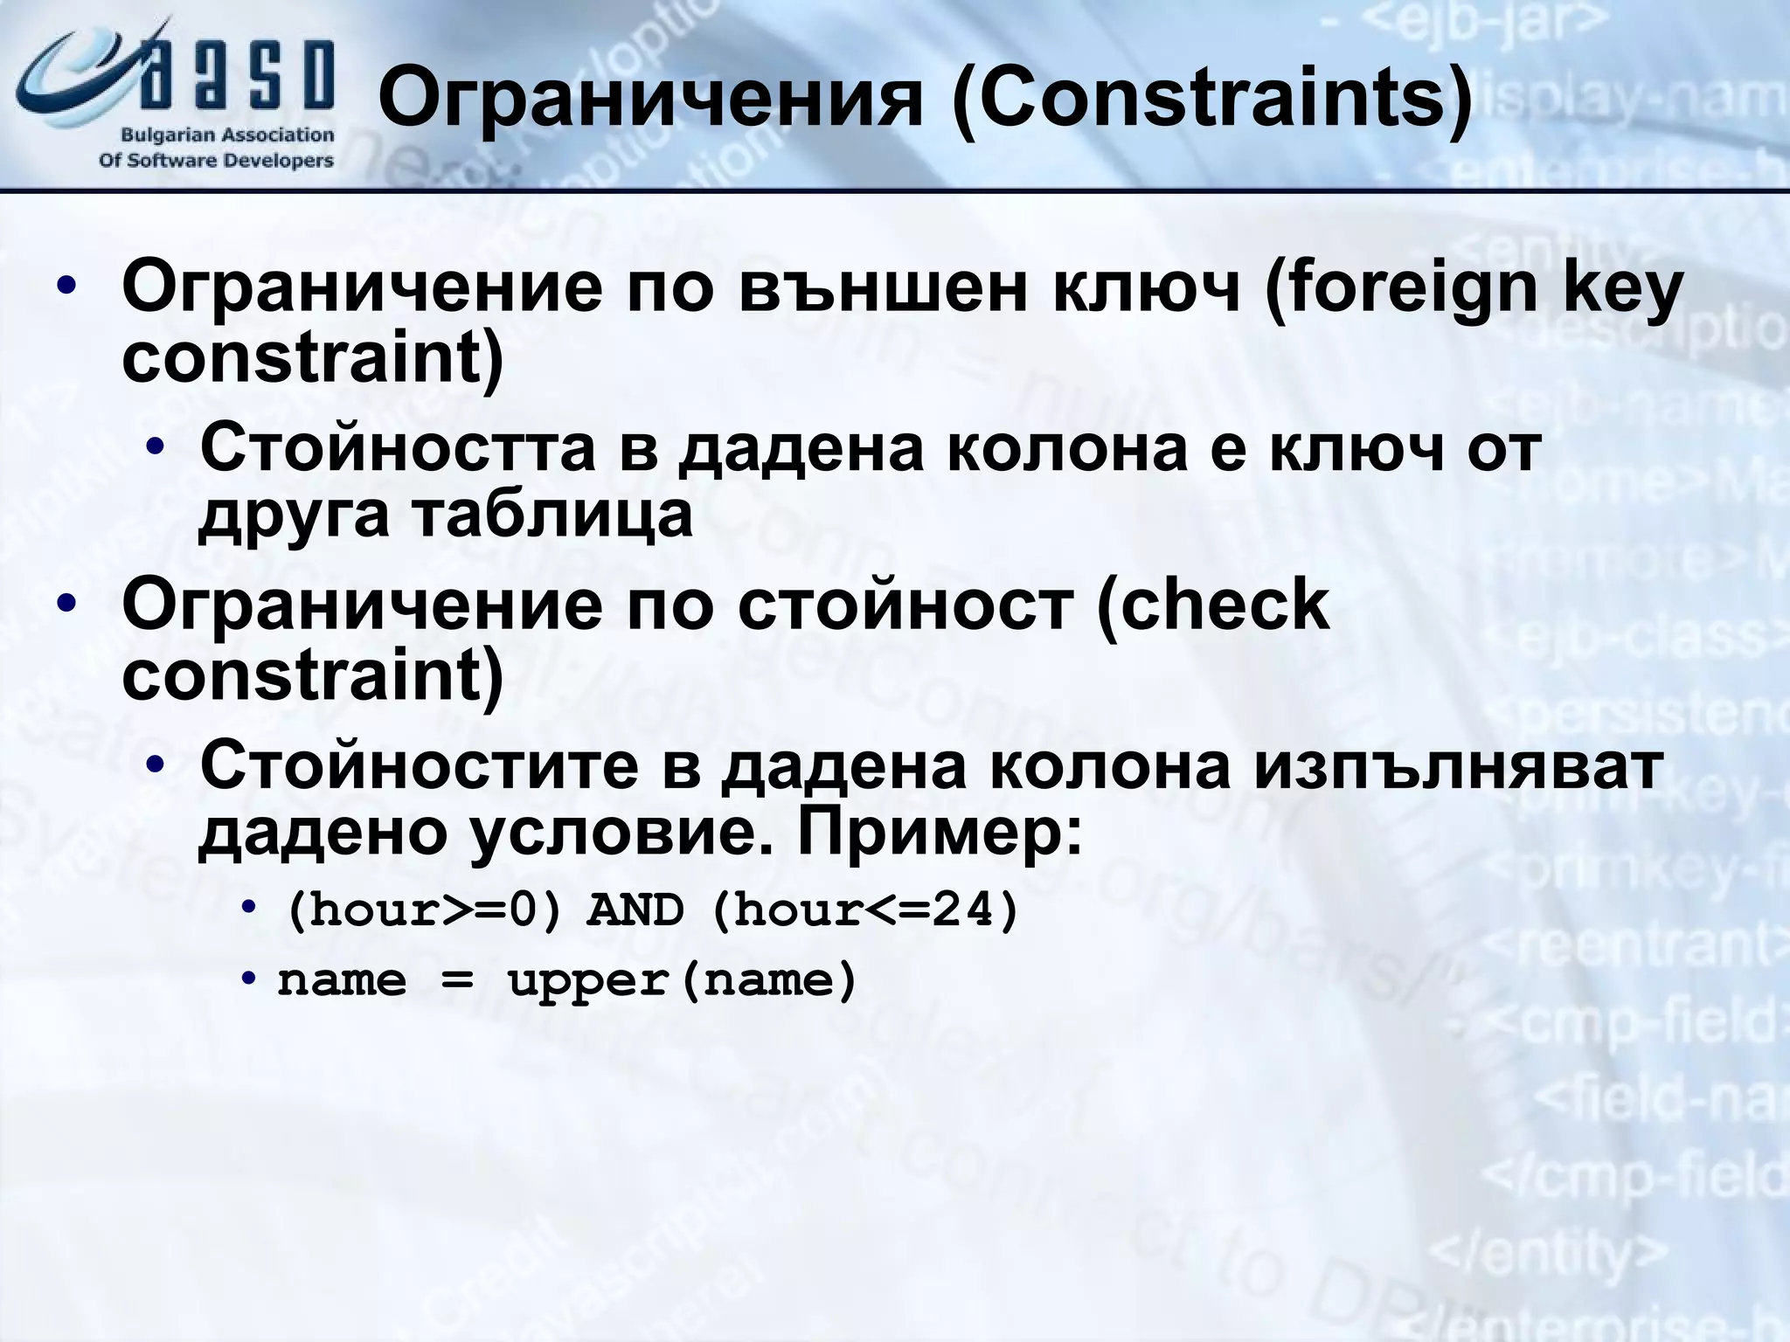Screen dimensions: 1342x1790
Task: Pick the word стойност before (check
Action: (x=905, y=605)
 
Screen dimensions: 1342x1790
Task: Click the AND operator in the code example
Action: (x=635, y=911)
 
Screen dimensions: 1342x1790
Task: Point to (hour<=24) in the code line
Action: (x=866, y=911)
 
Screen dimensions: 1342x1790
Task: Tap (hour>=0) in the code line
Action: (x=423, y=911)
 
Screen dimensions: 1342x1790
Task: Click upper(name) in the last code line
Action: (x=683, y=981)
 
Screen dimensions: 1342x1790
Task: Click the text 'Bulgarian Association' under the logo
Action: (x=226, y=135)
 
